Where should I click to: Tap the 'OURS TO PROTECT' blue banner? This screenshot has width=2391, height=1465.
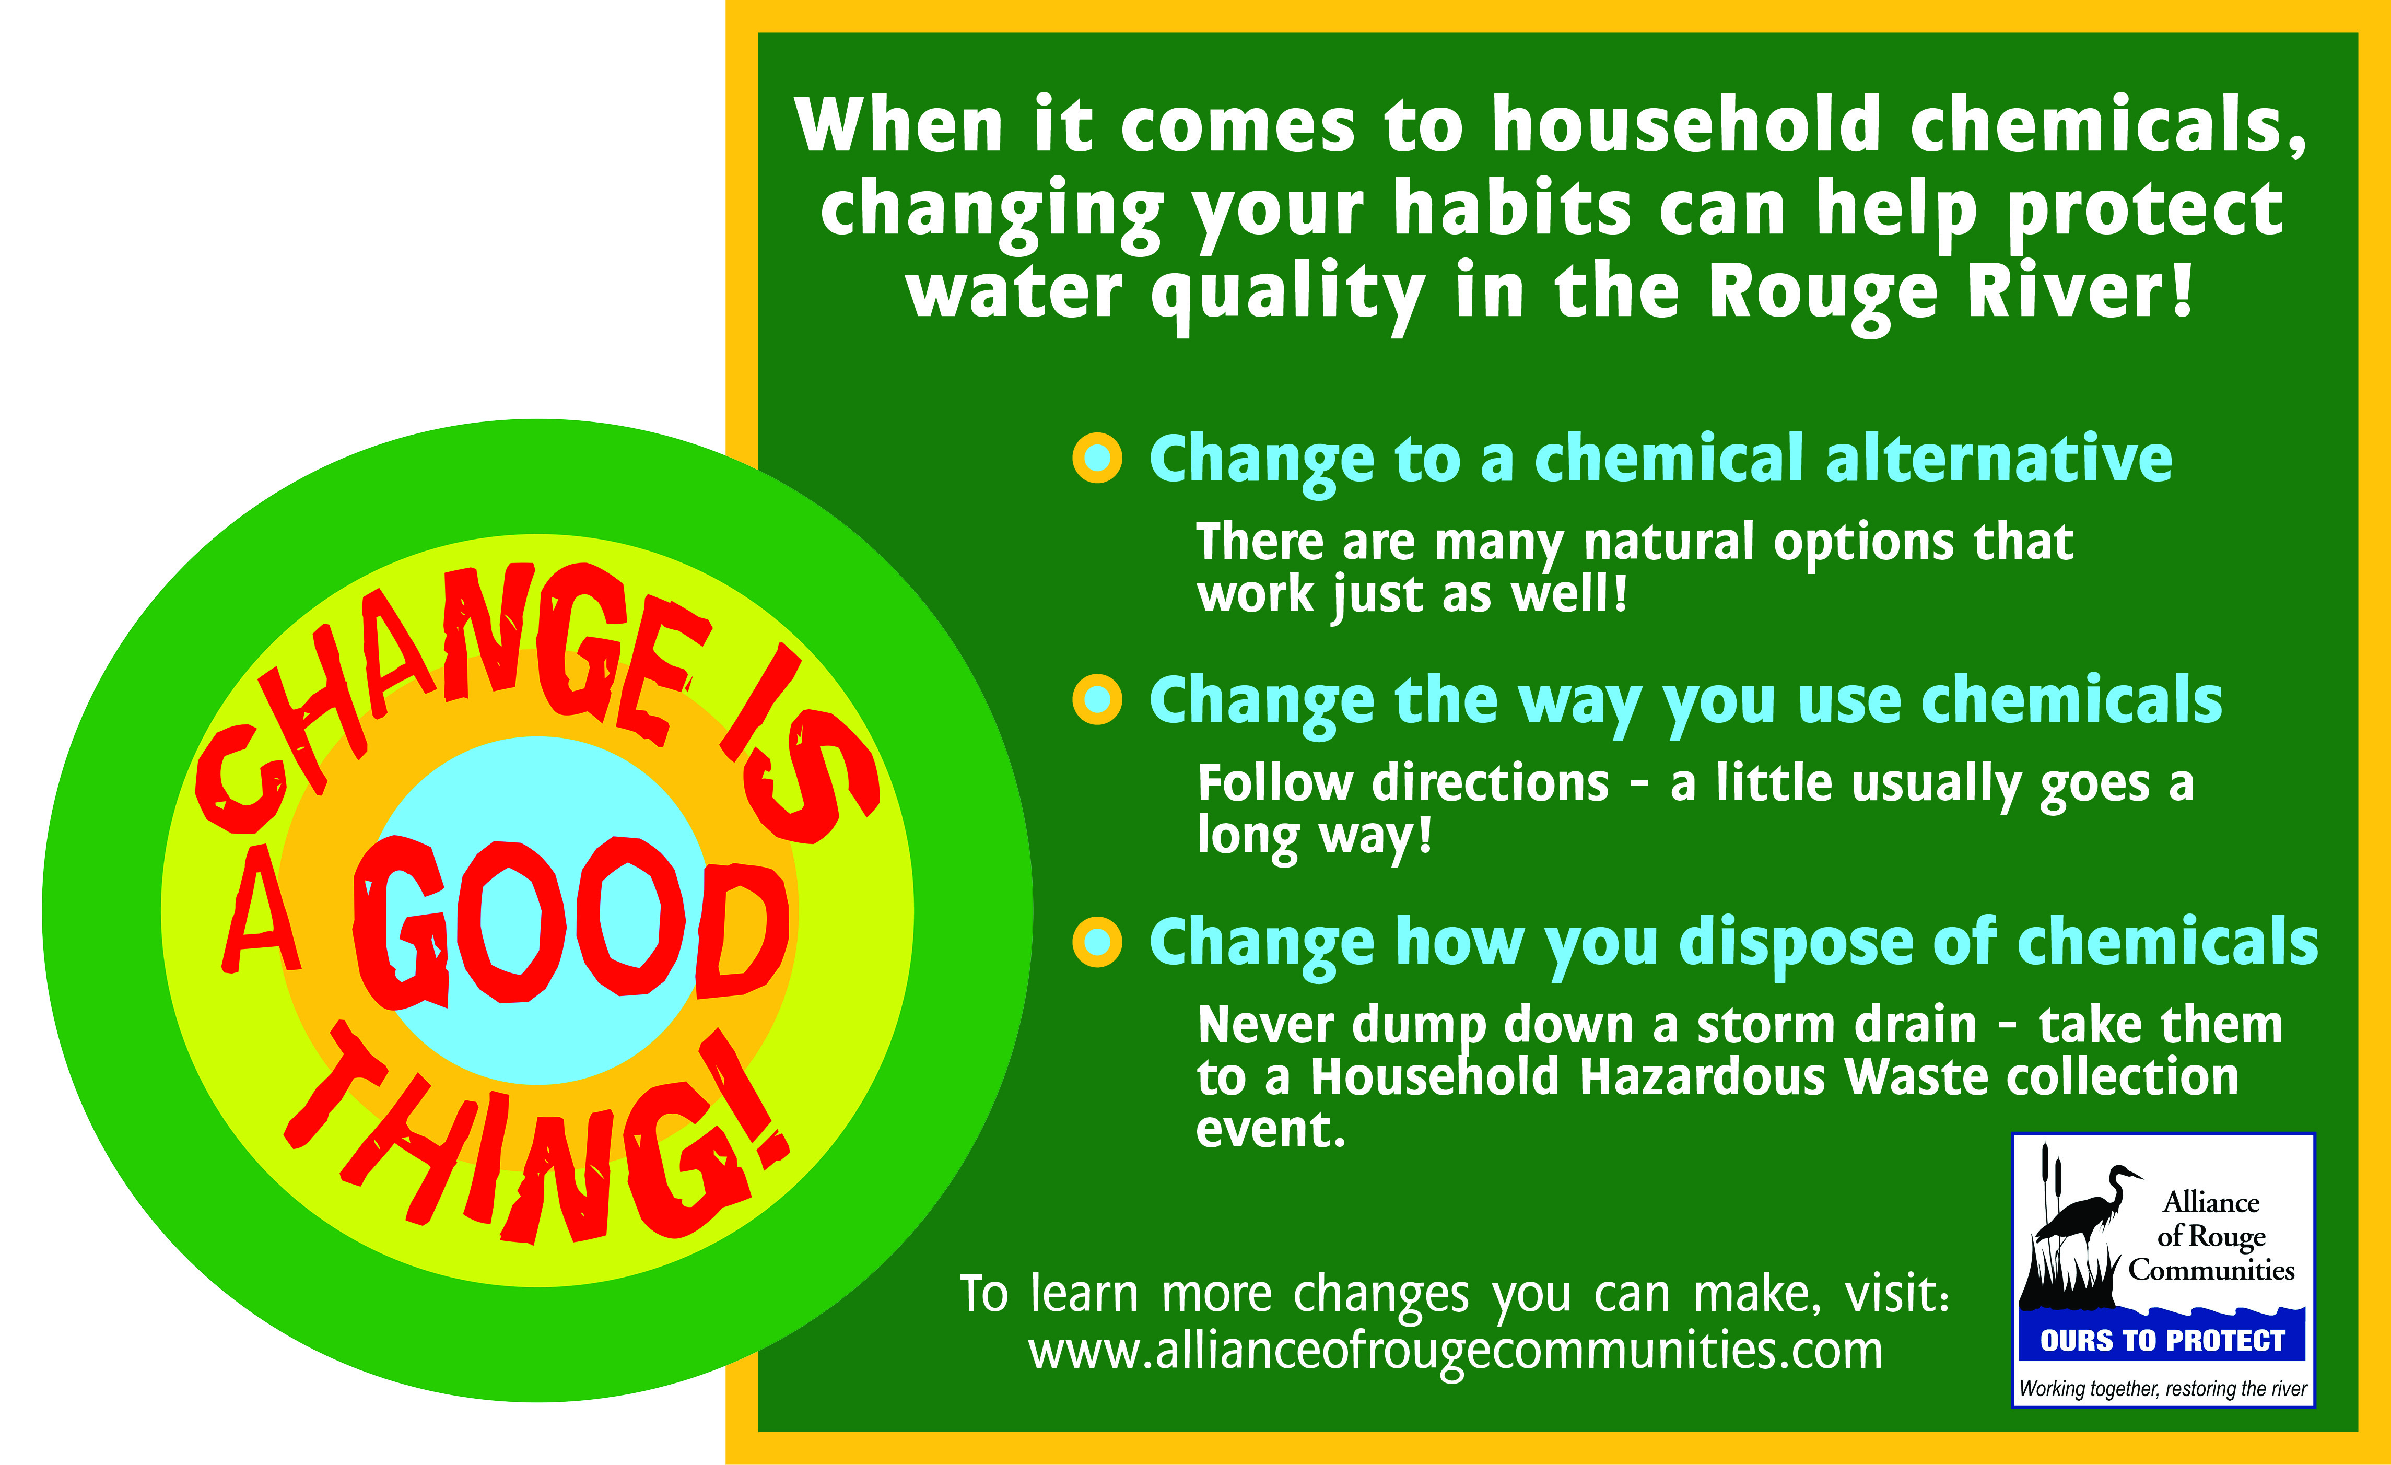[x=2163, y=1341]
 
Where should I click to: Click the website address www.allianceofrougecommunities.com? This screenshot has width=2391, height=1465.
[x=1456, y=1351]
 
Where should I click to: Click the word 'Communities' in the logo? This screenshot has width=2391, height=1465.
[x=2211, y=1270]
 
